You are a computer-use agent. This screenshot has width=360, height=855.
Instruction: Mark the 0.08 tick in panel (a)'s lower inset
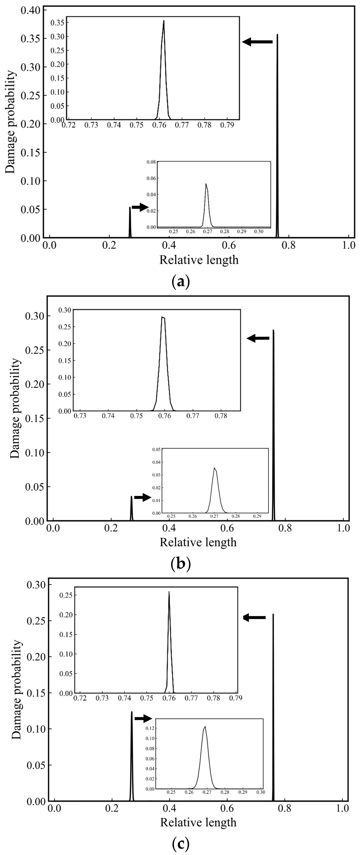(x=151, y=162)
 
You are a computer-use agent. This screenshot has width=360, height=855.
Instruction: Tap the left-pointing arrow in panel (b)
(x=258, y=338)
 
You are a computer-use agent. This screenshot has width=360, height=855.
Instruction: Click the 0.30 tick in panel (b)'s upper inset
(x=65, y=310)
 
